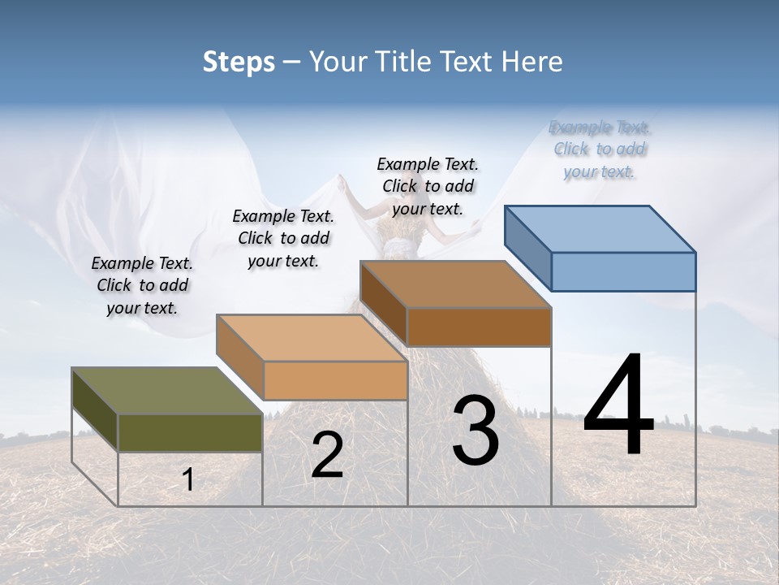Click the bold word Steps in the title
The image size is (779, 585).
pos(239,62)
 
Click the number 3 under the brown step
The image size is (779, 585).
pos(475,431)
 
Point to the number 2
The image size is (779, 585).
pos(327,455)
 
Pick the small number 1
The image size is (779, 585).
pos(187,479)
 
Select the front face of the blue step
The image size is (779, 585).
pos(623,271)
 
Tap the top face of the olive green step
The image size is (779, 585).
pos(167,391)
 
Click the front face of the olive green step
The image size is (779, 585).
pos(190,432)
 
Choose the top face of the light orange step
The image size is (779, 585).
pos(312,337)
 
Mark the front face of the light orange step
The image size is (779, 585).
pos(335,380)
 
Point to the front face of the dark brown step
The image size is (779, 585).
pos(479,327)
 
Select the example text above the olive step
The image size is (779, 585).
pos(142,285)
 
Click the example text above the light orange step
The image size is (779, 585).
pos(283,238)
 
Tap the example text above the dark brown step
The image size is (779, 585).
pos(428,186)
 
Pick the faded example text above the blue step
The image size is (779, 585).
pos(600,149)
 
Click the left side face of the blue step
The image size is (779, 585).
pos(527,247)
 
